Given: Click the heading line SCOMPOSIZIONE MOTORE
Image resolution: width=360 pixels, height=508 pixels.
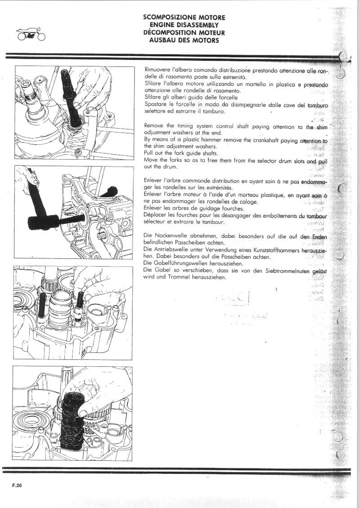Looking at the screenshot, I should pos(184,17).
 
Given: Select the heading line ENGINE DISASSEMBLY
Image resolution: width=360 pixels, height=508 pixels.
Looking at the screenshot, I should pos(184,25).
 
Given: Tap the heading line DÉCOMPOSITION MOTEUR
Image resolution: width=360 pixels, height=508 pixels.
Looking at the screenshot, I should pos(184,33).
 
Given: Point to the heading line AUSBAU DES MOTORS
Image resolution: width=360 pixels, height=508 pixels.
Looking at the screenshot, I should pos(184,40).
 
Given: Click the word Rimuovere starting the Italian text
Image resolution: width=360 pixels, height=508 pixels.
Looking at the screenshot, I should pos(157,71).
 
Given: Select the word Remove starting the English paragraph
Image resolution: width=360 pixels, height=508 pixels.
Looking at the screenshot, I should pos(154,127).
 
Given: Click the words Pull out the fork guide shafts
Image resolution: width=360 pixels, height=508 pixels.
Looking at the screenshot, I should pos(180,153).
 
